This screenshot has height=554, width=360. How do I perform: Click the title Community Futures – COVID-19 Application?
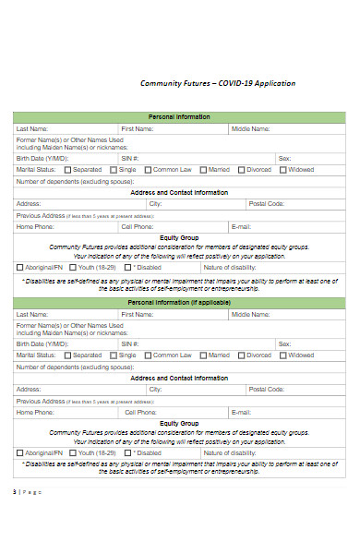pos(218,83)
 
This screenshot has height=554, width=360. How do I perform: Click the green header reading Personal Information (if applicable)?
pos(179,302)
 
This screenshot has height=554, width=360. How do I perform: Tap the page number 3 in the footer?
pos(15,491)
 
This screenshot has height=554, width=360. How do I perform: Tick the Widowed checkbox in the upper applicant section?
pos(284,170)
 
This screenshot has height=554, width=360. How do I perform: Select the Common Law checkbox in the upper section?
pos(148,170)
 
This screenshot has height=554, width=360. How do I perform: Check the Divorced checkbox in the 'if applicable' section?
pos(242,355)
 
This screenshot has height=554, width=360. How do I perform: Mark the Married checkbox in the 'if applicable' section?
pos(204,355)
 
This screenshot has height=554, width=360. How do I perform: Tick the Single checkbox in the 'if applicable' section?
pos(114,355)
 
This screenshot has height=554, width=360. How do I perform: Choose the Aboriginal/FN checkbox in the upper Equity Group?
pos(20,268)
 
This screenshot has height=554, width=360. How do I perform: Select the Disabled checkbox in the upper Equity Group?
pos(128,268)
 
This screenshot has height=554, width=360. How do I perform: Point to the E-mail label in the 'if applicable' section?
pos(241,412)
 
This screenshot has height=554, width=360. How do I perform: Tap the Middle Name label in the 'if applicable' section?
pos(250,315)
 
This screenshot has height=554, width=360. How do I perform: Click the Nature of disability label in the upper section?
pos(230,268)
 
